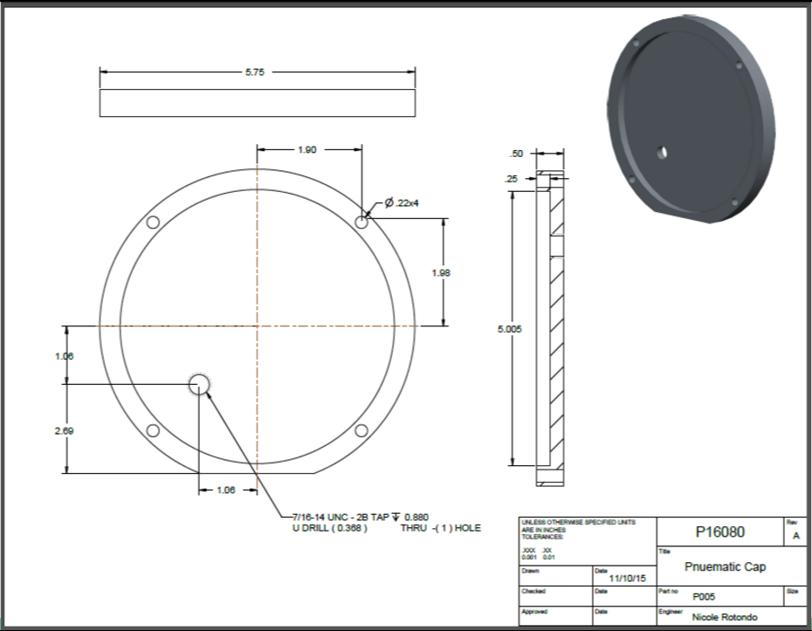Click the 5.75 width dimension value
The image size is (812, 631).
255,72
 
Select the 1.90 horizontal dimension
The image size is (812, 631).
306,150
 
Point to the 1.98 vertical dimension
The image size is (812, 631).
441,273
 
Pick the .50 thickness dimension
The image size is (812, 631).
516,154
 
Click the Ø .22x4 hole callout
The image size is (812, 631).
403,203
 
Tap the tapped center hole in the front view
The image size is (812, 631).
200,383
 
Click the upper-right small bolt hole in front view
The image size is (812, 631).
361,223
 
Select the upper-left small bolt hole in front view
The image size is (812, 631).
153,223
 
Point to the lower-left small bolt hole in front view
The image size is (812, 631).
153,430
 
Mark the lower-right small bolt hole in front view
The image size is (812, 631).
361,430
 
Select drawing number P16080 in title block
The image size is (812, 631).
719,532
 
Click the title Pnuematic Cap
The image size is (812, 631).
725,566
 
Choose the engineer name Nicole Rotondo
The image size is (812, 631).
725,616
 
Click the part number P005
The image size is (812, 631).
705,598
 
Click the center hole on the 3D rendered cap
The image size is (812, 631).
662,152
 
